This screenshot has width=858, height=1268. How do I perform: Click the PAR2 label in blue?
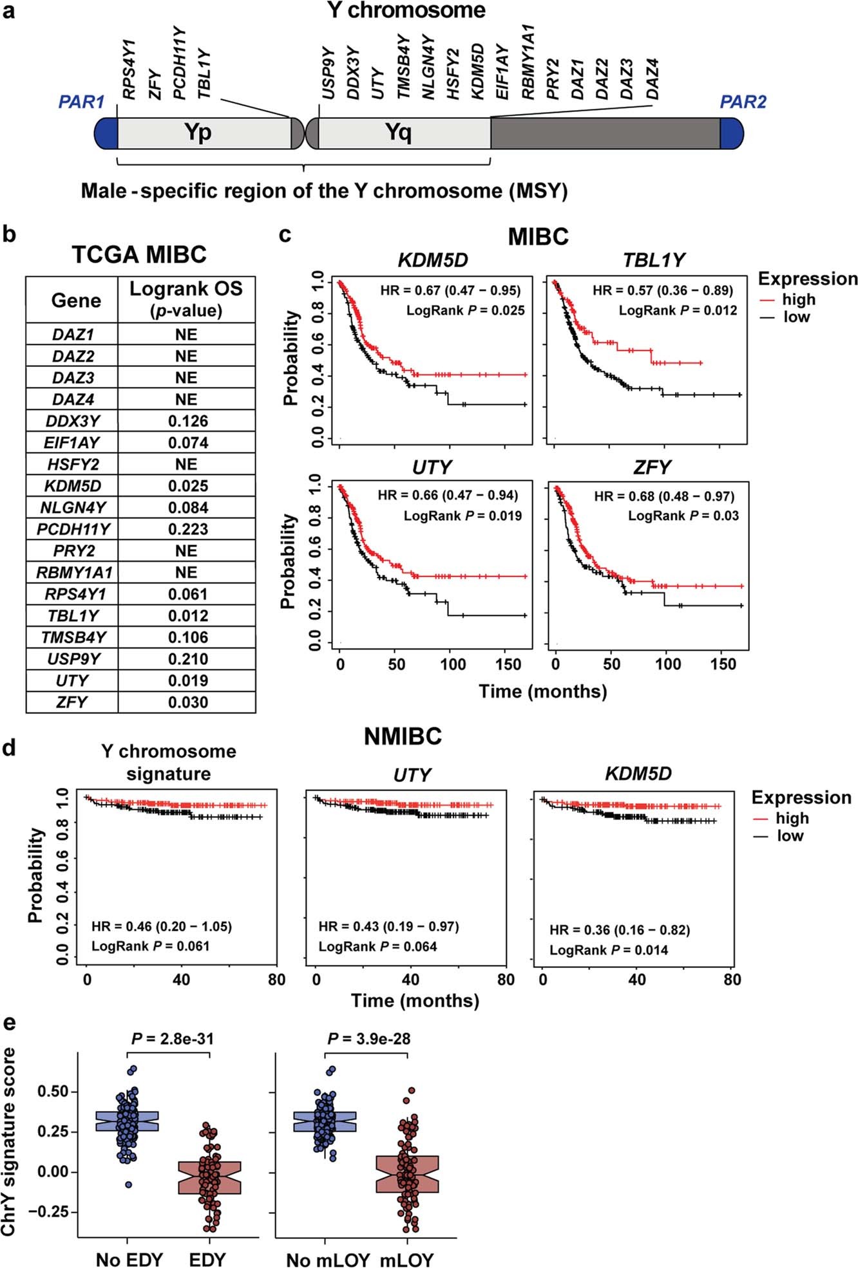point(743,102)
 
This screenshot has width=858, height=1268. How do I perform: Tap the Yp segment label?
point(198,132)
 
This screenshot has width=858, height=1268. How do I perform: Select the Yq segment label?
point(398,132)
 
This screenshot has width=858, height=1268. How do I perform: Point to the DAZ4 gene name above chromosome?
point(653,79)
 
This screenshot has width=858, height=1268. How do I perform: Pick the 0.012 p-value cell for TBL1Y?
point(187,615)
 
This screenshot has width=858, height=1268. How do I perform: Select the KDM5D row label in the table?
point(73,486)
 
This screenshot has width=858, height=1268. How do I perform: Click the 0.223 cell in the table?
point(187,529)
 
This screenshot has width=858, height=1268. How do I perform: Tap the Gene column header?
point(75,301)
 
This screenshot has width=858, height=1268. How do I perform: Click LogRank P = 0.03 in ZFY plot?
point(683,516)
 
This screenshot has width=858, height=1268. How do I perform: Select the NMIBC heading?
point(403,736)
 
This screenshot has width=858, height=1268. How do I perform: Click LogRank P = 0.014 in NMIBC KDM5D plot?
point(608,950)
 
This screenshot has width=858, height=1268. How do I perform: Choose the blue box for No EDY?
point(127,1121)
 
